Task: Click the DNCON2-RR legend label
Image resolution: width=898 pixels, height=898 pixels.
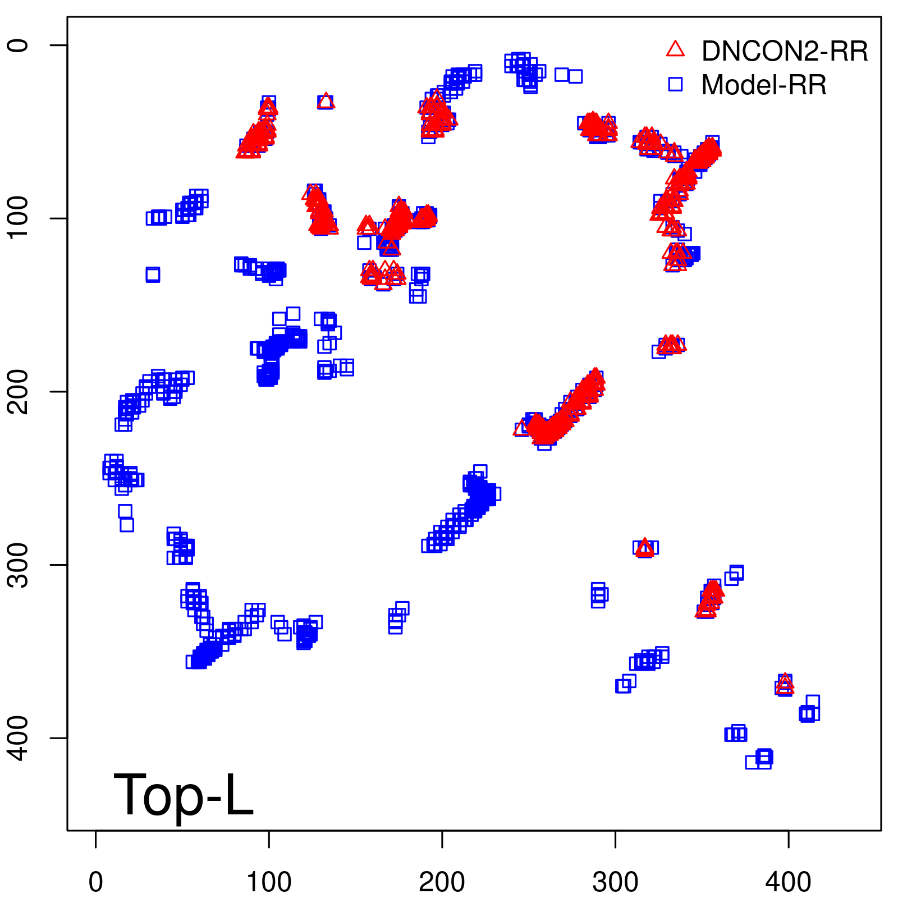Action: [x=784, y=51]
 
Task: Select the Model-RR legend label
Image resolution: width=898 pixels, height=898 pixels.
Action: [x=764, y=85]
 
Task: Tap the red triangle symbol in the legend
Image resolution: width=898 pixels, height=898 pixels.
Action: [x=675, y=49]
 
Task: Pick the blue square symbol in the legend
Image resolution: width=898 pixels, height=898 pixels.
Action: [x=675, y=84]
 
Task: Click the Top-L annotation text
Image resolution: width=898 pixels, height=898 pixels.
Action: [x=184, y=795]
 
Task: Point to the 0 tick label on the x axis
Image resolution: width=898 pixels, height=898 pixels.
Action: [x=96, y=882]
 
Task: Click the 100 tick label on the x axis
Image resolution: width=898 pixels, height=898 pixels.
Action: [x=269, y=882]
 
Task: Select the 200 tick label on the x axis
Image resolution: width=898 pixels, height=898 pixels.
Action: [x=442, y=882]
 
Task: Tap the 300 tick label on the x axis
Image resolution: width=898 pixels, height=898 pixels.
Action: [x=615, y=882]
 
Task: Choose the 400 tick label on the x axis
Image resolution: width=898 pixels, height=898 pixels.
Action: [x=789, y=882]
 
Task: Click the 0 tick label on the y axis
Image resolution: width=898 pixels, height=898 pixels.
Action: [x=19, y=45]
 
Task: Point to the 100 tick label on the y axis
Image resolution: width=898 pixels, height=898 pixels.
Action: [x=19, y=218]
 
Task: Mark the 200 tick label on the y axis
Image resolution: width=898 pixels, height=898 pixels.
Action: [x=19, y=391]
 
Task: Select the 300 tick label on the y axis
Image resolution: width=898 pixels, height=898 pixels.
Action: [x=19, y=565]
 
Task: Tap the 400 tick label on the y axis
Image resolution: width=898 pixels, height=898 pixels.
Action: [x=19, y=737]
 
